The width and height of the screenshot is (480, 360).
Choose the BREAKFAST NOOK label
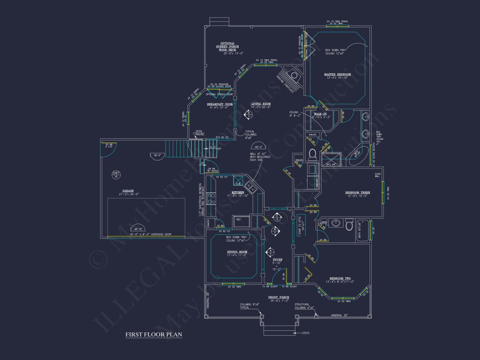tap(220, 104)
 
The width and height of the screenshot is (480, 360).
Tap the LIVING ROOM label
tap(261, 104)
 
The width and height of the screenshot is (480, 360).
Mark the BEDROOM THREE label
tap(358, 192)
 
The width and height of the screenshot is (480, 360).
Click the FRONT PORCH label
tap(280, 297)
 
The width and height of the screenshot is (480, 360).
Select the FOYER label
tap(277, 260)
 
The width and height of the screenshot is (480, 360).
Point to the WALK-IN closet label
tap(320, 114)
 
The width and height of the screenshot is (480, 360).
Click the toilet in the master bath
tap(313, 154)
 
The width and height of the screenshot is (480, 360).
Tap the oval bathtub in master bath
tap(358, 156)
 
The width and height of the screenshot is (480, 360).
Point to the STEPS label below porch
tap(306, 333)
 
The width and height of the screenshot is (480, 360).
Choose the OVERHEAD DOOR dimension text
tap(150, 234)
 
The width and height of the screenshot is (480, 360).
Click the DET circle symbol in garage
tap(116, 174)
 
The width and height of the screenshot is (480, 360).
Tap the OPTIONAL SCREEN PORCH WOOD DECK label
tap(228, 48)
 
